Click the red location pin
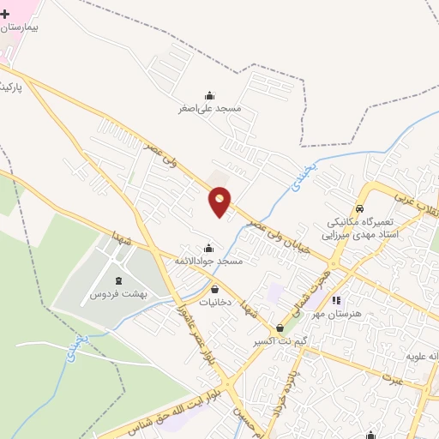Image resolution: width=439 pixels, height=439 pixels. point(220,201)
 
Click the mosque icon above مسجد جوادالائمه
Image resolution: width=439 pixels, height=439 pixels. point(209,247)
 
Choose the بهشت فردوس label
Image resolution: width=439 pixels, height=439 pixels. point(118,294)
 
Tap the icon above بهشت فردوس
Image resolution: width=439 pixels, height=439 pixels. point(118,281)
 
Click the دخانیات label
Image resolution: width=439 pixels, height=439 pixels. point(214,303)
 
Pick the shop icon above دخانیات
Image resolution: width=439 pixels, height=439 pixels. point(214,290)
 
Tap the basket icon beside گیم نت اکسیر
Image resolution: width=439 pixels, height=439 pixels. point(280,328)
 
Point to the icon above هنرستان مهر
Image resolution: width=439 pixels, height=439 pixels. point(337,301)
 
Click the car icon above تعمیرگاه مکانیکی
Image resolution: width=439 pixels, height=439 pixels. point(361,208)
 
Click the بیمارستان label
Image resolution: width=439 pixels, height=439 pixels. point(26,27)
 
